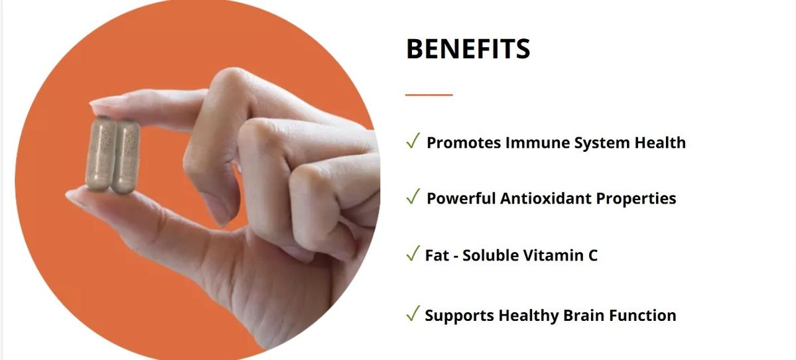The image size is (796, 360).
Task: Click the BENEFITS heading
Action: tap(468, 48)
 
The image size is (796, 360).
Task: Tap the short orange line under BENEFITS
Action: tap(429, 95)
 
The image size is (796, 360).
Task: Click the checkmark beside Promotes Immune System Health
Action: tap(413, 141)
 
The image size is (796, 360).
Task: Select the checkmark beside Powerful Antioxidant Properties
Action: tap(413, 196)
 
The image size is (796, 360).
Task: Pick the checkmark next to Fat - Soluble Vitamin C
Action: tap(413, 253)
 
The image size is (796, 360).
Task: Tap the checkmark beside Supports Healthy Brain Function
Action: tap(413, 313)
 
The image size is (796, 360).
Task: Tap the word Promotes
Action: tap(464, 143)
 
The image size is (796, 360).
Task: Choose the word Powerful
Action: tap(461, 198)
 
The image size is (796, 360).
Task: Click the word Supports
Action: tap(459, 316)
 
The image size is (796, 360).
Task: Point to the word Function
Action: tap(643, 316)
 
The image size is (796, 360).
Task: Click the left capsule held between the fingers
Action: tap(100, 154)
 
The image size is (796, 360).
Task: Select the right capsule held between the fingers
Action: tap(126, 156)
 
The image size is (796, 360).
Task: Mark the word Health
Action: tap(660, 143)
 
